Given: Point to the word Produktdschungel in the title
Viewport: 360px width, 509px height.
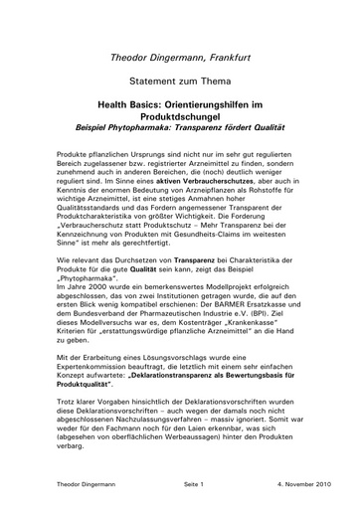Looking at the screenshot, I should click(179, 115).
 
